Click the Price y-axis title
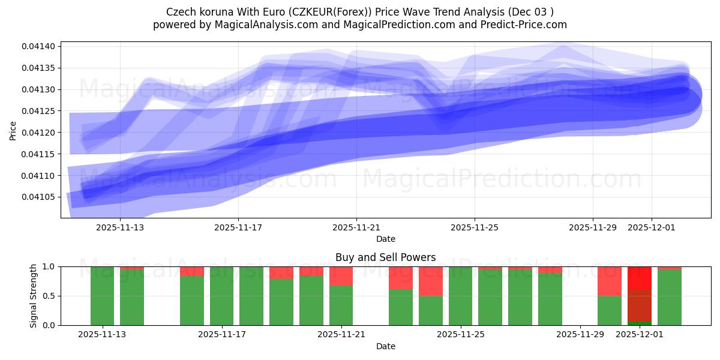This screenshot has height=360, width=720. [x=13, y=130]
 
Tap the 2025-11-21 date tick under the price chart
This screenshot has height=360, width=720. [x=356, y=228]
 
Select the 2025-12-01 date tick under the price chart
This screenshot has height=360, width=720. [x=652, y=228]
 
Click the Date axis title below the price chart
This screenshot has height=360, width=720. [x=386, y=239]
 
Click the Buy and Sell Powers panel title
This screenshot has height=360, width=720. [x=386, y=257]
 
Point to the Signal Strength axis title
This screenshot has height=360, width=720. [x=34, y=296]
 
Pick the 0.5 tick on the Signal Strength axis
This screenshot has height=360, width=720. [x=48, y=296]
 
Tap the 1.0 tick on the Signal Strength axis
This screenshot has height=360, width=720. [x=48, y=266]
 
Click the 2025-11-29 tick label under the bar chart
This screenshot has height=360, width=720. [x=580, y=334]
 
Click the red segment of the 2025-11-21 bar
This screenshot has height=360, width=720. [x=341, y=275]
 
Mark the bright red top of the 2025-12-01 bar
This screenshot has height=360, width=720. [x=640, y=277]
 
